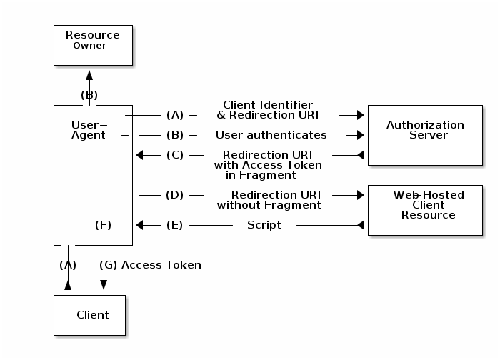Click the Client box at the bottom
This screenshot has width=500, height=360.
(89, 315)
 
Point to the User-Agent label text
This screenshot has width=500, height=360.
(89, 130)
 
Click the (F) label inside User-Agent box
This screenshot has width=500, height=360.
(104, 225)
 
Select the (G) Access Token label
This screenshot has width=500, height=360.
(151, 265)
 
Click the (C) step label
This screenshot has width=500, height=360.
(174, 155)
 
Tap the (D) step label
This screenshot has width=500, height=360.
(174, 194)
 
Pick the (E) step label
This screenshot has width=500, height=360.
(174, 225)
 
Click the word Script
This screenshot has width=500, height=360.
(264, 225)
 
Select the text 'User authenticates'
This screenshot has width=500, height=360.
(271, 135)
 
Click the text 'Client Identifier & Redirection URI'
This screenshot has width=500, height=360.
(268, 110)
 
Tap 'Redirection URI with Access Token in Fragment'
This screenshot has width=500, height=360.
(268, 165)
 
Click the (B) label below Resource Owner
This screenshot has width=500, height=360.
(89, 95)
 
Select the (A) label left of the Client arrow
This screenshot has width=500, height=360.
(68, 265)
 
